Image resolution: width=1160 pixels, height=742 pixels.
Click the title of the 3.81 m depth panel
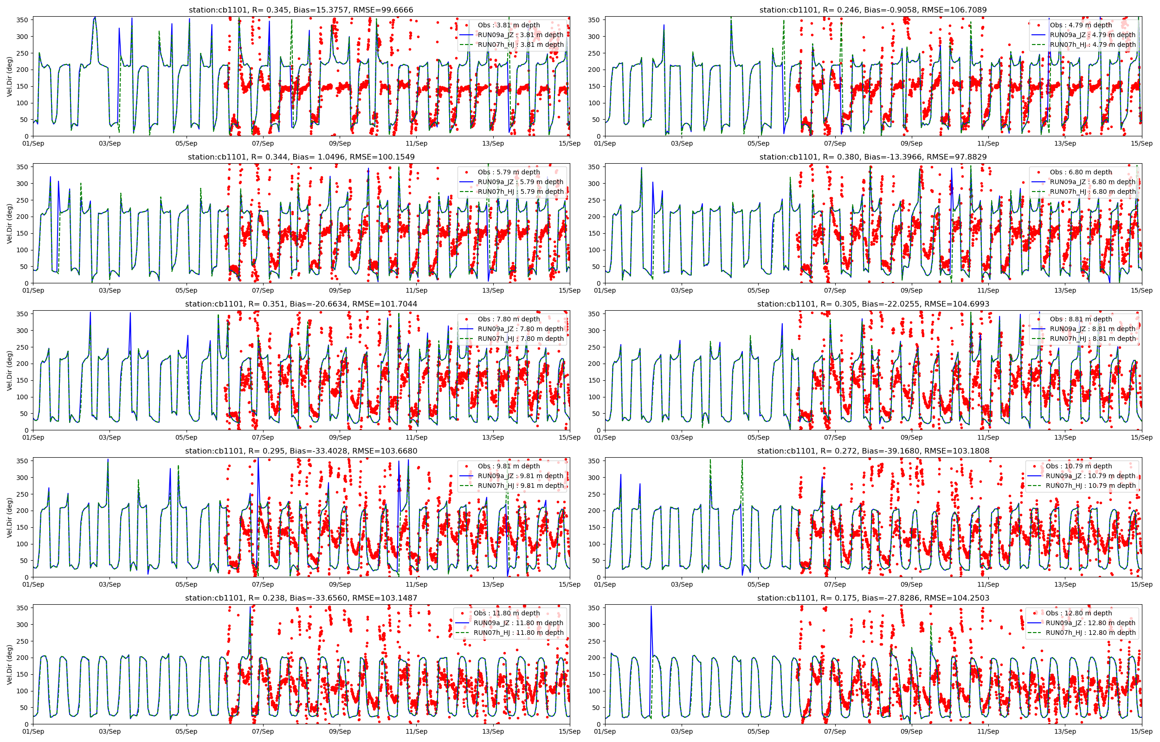click(x=301, y=10)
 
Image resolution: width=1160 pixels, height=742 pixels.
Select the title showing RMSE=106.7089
click(x=873, y=10)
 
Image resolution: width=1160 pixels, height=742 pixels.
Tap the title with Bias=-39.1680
click(x=873, y=451)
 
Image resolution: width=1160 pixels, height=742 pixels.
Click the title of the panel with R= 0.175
click(x=873, y=598)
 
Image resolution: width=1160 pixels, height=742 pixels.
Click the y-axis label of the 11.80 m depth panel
click(x=10, y=665)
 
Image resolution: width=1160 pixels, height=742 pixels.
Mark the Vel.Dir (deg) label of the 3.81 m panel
click(x=10, y=77)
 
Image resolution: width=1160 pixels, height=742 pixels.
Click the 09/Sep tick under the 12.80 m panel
click(x=911, y=731)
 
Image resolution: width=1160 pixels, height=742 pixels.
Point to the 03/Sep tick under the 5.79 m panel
click(x=110, y=290)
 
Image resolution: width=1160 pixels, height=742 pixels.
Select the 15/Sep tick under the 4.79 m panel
click(x=1141, y=144)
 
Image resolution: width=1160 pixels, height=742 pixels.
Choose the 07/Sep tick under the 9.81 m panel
click(x=263, y=584)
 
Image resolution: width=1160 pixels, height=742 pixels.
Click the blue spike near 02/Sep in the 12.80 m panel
click(x=651, y=627)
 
